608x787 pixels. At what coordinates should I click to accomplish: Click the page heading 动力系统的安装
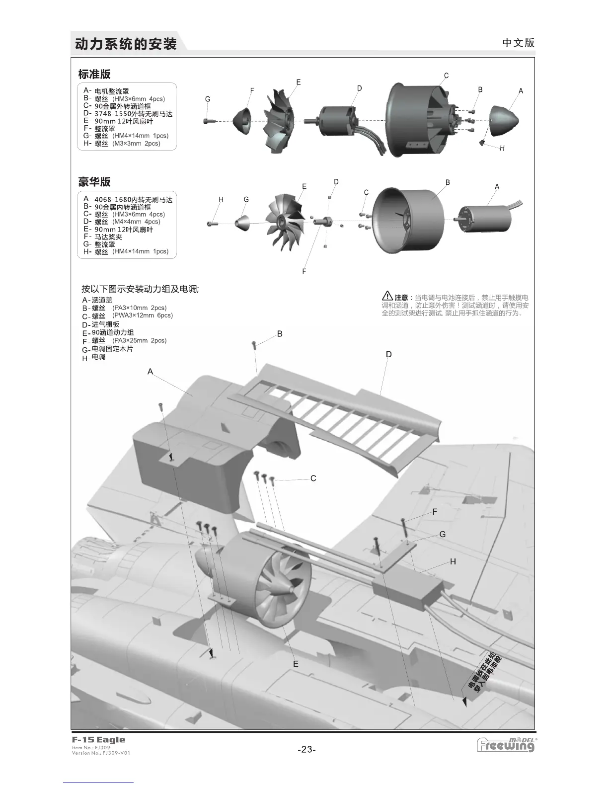pyautogui.click(x=126, y=44)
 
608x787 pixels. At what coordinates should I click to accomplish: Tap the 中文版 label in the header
pyautogui.click(x=518, y=43)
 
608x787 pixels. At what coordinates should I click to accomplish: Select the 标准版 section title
pyautogui.click(x=94, y=75)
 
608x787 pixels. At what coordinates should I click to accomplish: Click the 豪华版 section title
pyautogui.click(x=94, y=182)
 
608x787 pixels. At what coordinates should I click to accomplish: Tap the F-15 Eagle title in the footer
pyautogui.click(x=98, y=740)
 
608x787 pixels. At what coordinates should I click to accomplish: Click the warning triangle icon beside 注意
pyautogui.click(x=387, y=296)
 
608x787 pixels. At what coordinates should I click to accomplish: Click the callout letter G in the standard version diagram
pyautogui.click(x=208, y=99)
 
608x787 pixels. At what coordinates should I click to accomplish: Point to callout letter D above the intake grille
pyautogui.click(x=389, y=354)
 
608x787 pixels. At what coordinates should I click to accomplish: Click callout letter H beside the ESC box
pyautogui.click(x=453, y=561)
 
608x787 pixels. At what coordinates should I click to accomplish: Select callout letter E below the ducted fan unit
pyautogui.click(x=296, y=664)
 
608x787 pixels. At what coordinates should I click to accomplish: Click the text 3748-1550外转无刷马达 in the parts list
pyautogui.click(x=133, y=114)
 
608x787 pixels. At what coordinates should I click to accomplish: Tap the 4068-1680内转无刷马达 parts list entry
pyautogui.click(x=133, y=200)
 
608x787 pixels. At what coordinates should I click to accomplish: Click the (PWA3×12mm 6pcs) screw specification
pyautogui.click(x=143, y=315)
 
